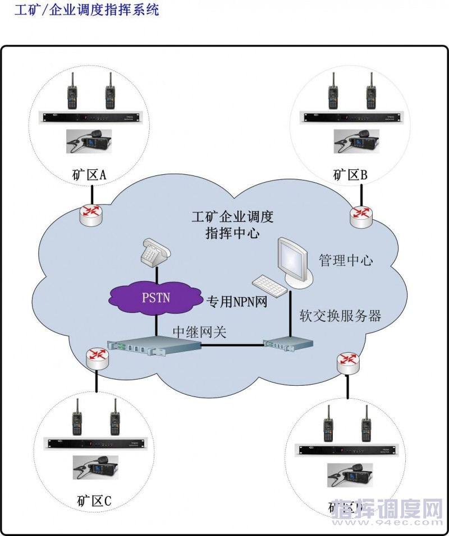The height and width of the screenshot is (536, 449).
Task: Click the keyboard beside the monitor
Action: pyautogui.click(x=270, y=286)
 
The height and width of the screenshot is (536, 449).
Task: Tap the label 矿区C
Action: pyautogui.click(x=93, y=500)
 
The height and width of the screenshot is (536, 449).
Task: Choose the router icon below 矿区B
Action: pyautogui.click(x=360, y=216)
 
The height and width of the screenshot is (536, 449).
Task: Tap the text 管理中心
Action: pyautogui.click(x=346, y=261)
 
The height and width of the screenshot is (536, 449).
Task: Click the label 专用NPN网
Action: pyautogui.click(x=236, y=302)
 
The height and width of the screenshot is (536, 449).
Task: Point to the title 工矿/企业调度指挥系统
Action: pyautogui.click(x=86, y=10)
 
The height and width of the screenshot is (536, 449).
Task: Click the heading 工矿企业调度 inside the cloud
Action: pyautogui.click(x=232, y=216)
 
